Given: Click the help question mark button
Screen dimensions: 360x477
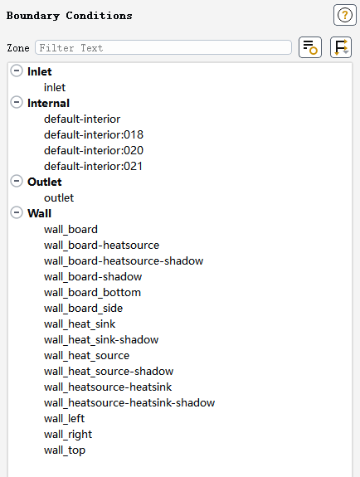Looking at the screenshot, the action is [x=345, y=15].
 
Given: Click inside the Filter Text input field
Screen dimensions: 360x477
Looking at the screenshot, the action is [x=163, y=48].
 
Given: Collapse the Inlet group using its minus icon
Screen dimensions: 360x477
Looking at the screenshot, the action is [x=17, y=71].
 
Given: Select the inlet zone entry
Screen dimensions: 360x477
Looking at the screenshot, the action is [x=55, y=88].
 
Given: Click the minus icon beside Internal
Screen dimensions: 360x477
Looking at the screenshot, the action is [x=17, y=103].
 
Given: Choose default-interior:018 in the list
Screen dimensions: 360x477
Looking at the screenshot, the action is [x=94, y=134].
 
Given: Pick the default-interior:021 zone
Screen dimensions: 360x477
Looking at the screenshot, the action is [x=93, y=167].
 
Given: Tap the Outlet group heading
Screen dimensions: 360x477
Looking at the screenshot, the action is [x=45, y=182].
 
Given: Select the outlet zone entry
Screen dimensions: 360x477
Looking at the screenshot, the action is [x=59, y=198].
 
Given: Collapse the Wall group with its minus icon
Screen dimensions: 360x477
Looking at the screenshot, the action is [x=17, y=212].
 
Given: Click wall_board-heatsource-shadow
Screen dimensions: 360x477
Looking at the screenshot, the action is [x=124, y=261].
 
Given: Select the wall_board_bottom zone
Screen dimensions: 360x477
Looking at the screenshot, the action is [x=92, y=293].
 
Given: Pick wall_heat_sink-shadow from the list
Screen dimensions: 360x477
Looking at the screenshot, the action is [x=101, y=340].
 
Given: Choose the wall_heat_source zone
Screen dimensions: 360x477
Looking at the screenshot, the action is [x=86, y=356].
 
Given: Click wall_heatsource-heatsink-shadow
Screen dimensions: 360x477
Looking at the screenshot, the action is [x=129, y=403].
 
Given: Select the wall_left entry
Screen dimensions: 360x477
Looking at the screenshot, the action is [x=64, y=419].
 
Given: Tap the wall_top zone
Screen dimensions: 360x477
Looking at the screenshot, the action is [x=65, y=450].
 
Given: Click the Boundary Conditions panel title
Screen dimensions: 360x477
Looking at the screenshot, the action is [x=70, y=16].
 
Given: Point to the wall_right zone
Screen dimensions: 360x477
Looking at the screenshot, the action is [x=68, y=435].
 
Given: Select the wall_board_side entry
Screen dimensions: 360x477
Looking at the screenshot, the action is [x=83, y=309].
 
